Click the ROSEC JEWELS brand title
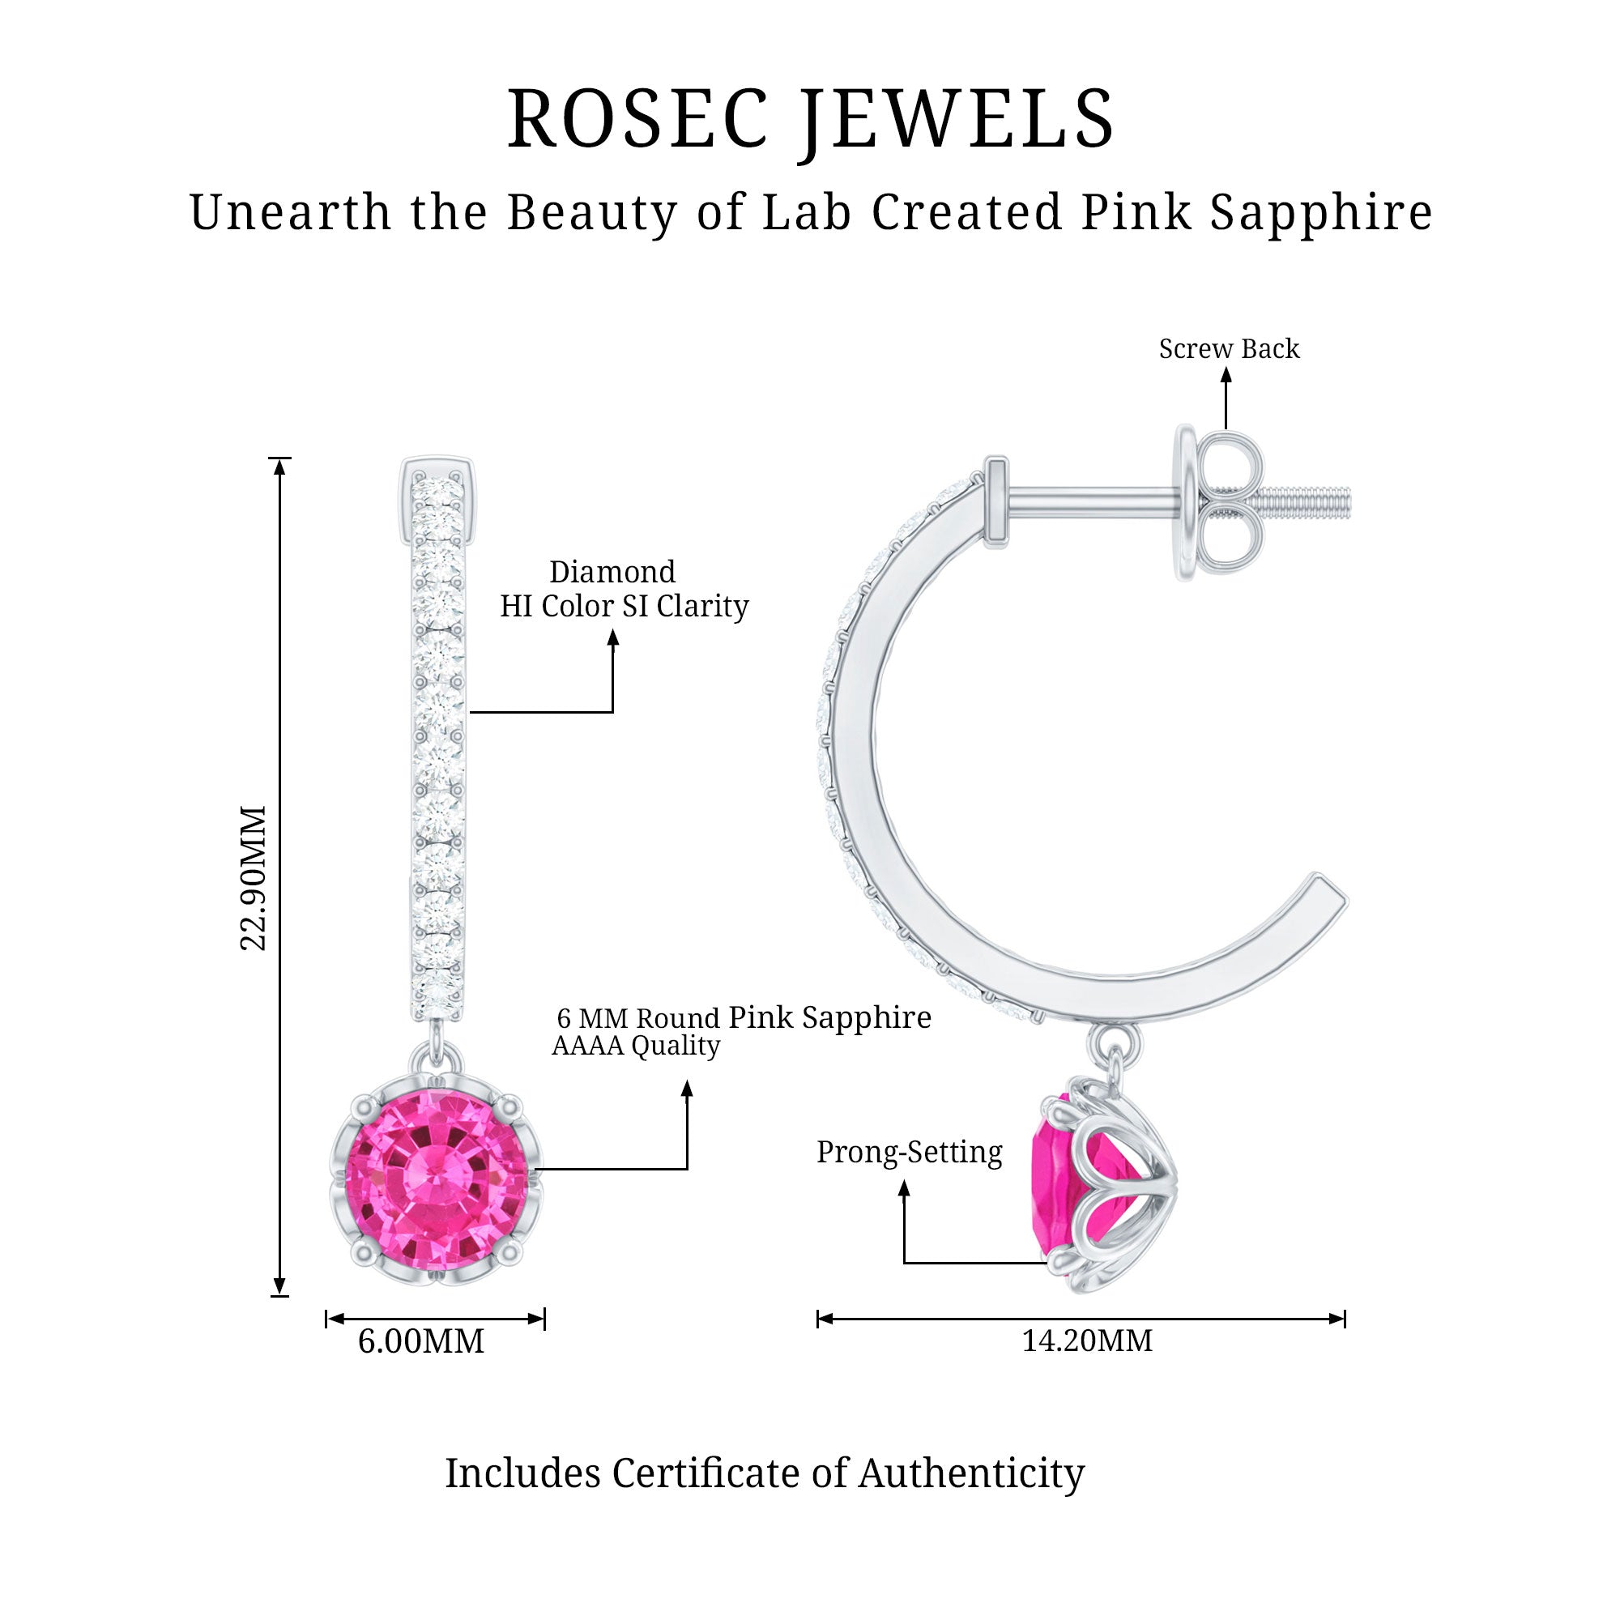[810, 119]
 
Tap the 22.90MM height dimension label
[254, 878]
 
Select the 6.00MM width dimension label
[421, 1341]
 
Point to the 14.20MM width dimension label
[1087, 1340]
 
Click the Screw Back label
[1229, 349]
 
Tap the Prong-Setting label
[909, 1152]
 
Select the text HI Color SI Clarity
[624, 606]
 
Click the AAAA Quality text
[636, 1046]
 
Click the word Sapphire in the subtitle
[1320, 213]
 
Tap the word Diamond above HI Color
[612, 573]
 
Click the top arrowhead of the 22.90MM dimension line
[280, 467]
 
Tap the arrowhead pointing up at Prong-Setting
[904, 1189]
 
